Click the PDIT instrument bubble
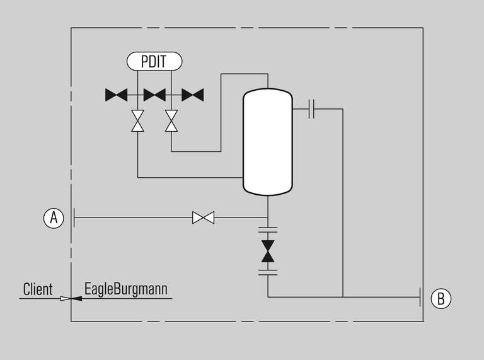point(154,61)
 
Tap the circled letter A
point(54,218)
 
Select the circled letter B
point(441,298)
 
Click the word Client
point(38,289)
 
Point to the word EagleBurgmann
point(126,289)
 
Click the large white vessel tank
point(268,142)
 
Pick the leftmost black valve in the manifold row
point(116,95)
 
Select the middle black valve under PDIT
point(154,95)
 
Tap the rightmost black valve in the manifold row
point(193,95)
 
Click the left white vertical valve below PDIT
point(137,120)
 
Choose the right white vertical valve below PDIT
point(171,120)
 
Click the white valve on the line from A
point(203,218)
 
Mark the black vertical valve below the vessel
point(268,252)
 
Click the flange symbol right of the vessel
point(311,109)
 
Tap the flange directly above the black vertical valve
point(268,229)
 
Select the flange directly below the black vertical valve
point(268,272)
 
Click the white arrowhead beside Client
point(65,299)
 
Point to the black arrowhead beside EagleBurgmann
point(77,299)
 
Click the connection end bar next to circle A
point(74,218)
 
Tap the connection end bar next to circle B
point(420,297)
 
